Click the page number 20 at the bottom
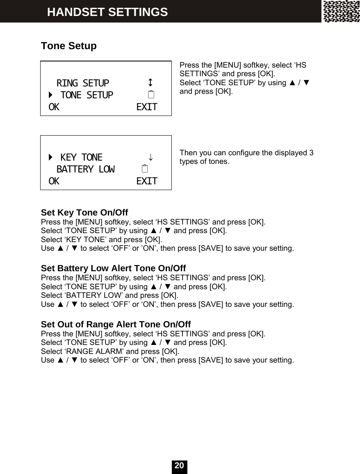coord(179,466)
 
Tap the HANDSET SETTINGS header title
coord(107,12)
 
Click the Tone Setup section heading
coord(69,46)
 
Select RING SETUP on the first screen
coord(83,83)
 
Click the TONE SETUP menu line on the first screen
coord(87,95)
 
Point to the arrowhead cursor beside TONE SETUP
coord(50,95)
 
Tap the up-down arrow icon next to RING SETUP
coord(151,82)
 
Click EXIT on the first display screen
coord(146,107)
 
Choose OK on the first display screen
coord(54,107)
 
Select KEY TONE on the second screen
coord(81,157)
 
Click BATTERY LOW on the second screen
coord(85,169)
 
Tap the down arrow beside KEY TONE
coord(151,157)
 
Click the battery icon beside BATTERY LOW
coord(144,169)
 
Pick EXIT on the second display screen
coord(146,181)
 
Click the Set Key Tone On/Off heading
coord(84,213)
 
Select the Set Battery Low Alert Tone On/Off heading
coord(114,268)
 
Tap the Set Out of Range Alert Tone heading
coord(116,325)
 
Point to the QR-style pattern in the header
coord(341,11)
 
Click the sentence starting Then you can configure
coord(246,157)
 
